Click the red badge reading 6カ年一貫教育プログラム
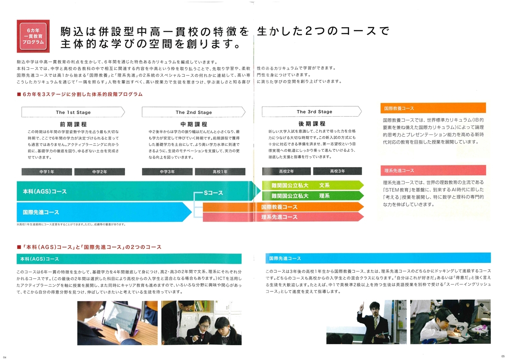(x=33, y=36)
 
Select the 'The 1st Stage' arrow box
(x=73, y=112)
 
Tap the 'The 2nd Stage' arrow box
(x=193, y=112)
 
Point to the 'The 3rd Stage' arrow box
(x=312, y=112)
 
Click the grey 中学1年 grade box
(x=47, y=172)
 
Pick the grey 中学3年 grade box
(x=167, y=172)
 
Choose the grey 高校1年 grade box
(x=220, y=172)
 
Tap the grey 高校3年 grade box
(x=338, y=171)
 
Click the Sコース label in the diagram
(x=213, y=193)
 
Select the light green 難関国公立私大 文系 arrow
(x=313, y=185)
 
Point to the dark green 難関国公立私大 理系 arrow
(x=313, y=196)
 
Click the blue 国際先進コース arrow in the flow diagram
(x=104, y=212)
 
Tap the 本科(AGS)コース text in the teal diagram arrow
(x=45, y=192)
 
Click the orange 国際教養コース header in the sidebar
(x=433, y=108)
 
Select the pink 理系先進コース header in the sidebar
(x=433, y=170)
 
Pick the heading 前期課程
(x=73, y=124)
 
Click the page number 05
(x=503, y=356)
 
